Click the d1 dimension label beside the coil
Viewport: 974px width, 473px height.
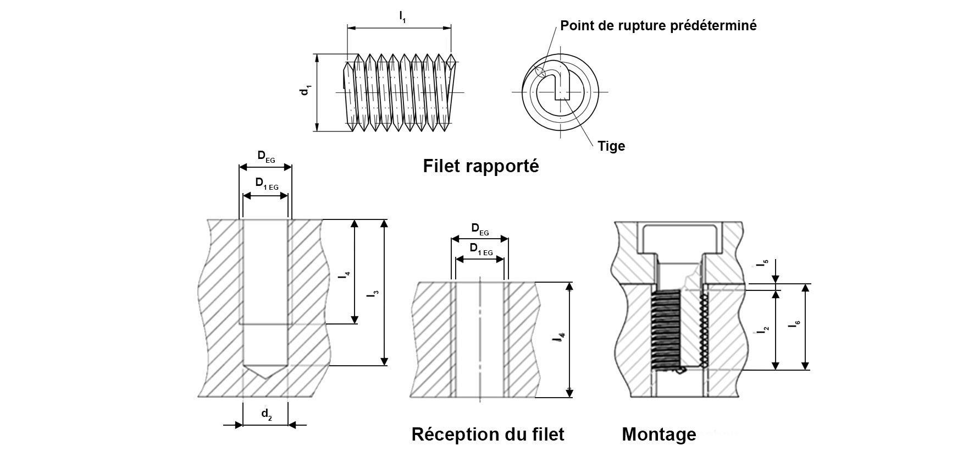pyautogui.click(x=305, y=91)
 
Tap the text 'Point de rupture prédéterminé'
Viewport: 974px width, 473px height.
pyautogui.click(x=658, y=25)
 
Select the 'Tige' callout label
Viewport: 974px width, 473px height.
pyautogui.click(x=611, y=146)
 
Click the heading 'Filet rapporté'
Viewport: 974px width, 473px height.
pyautogui.click(x=480, y=166)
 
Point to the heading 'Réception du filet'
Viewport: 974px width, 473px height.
pyautogui.click(x=488, y=434)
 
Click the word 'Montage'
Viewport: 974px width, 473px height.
pyautogui.click(x=658, y=434)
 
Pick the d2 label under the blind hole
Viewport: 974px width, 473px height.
pyautogui.click(x=266, y=414)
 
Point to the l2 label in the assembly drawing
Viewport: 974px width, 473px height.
pyautogui.click(x=764, y=330)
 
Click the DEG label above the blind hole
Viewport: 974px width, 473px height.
pyautogui.click(x=266, y=156)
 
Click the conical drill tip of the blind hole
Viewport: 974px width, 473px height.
pyautogui.click(x=265, y=370)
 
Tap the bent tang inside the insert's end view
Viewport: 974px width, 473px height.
pyautogui.click(x=561, y=85)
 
